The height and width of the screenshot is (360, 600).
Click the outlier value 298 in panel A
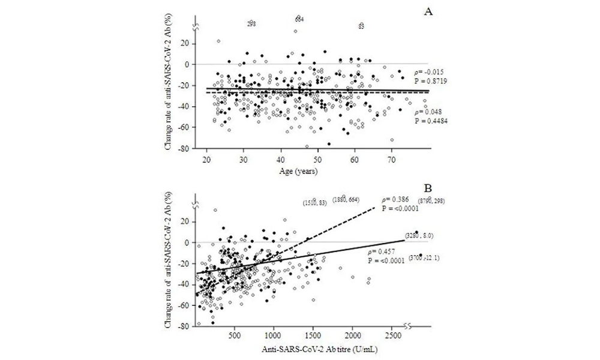coord(252,24)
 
